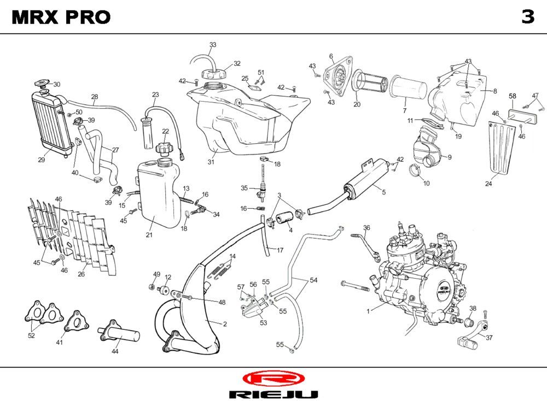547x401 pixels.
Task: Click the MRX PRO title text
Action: (61, 17)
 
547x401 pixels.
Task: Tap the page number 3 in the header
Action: (527, 17)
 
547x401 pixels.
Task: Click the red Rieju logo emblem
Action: (272, 378)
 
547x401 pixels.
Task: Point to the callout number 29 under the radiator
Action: (41, 160)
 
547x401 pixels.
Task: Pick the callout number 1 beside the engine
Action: (368, 311)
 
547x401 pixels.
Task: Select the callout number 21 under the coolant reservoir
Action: (149, 235)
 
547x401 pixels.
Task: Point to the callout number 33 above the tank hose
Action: (213, 44)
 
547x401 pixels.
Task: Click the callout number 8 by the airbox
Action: (495, 91)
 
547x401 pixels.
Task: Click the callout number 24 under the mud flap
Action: (488, 184)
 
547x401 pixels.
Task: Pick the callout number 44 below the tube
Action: (115, 352)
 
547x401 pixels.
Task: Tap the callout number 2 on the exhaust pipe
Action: (225, 324)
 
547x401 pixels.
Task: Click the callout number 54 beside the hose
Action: (313, 280)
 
